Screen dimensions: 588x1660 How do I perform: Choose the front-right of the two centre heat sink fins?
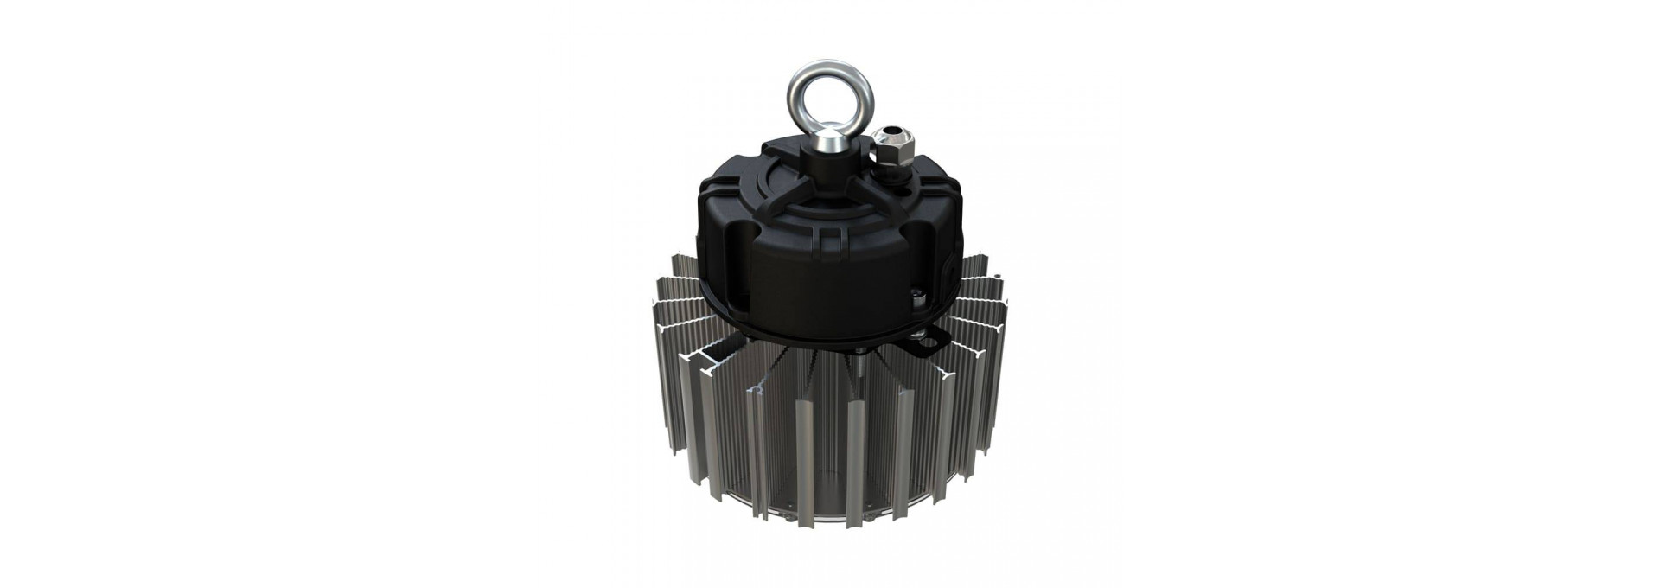(x=857, y=458)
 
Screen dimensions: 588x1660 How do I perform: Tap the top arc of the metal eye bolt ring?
(x=830, y=65)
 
